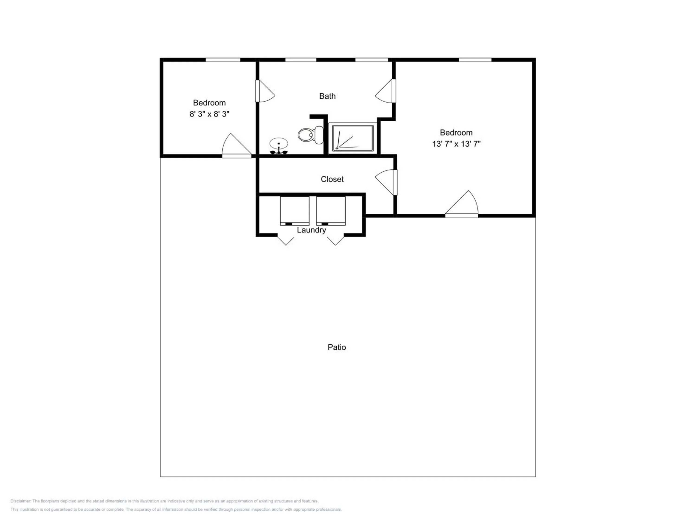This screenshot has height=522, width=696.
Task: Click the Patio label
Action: pos(337,347)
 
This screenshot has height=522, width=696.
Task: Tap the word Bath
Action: pos(327,96)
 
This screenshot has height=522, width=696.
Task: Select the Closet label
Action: pos(332,179)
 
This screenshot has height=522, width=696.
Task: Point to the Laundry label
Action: pos(311,230)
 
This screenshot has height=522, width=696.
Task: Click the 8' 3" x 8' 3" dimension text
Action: pos(209,114)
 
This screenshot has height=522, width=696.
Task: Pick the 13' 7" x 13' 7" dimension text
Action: pos(456,144)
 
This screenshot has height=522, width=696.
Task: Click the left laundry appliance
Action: pos(294,211)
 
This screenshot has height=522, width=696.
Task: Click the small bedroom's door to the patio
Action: pos(237,146)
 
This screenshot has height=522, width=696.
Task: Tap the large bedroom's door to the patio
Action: pos(462,204)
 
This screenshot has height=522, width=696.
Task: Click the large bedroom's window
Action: pos(475,60)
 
